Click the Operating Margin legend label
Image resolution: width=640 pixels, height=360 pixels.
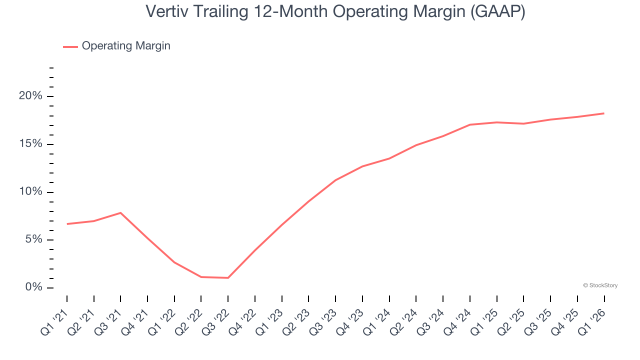coord(126,46)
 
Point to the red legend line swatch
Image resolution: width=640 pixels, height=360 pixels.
coord(70,46)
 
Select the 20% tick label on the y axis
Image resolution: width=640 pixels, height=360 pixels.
coord(31,96)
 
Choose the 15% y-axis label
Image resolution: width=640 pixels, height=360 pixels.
coord(31,144)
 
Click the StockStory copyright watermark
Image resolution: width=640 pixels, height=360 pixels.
coord(600,285)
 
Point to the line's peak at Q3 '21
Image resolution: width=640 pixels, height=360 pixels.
coord(120,213)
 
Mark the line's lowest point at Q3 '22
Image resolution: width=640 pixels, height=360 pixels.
coord(228,278)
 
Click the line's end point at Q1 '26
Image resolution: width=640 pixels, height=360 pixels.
coord(604,113)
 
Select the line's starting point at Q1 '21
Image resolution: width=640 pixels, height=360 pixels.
coord(67,224)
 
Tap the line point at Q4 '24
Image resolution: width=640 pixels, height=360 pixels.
coord(470,124)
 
